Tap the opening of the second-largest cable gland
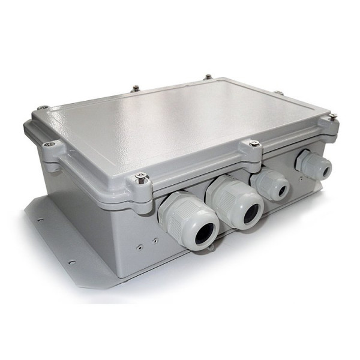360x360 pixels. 251,212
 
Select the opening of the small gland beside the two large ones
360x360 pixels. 280,190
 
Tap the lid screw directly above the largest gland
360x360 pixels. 142,176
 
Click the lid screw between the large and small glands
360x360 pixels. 254,143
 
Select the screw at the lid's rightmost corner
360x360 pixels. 332,116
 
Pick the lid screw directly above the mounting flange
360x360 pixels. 49,143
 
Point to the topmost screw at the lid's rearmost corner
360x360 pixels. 208,77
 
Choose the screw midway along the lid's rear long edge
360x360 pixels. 136,88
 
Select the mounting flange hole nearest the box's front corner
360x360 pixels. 71,262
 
